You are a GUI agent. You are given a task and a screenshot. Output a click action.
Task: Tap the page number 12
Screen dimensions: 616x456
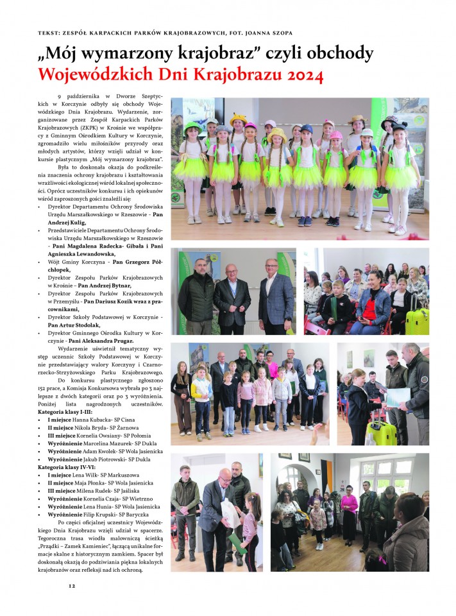pos(72,586)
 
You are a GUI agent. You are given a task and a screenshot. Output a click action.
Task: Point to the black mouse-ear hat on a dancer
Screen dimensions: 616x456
pos(391,122)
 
